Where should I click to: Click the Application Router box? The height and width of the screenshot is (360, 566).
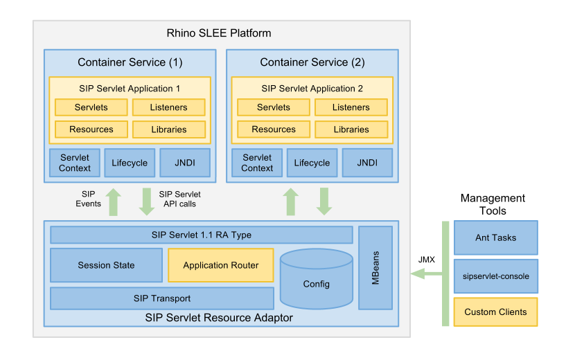point(220,265)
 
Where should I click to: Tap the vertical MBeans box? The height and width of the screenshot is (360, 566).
point(375,267)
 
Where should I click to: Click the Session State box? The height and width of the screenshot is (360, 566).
point(106,265)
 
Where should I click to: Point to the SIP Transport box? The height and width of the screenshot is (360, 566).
point(161,298)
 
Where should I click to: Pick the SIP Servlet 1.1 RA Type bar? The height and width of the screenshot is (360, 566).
point(201,235)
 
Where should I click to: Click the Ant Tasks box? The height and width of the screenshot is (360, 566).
point(495,237)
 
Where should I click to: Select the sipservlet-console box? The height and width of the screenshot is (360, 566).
point(495,276)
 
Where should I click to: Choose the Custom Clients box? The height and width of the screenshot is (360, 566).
point(495,312)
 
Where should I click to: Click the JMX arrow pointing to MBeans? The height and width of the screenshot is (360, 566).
point(425,274)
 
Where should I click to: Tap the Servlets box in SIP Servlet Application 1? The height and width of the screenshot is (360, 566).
point(91,107)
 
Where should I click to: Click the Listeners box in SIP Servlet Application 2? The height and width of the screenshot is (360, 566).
point(351,107)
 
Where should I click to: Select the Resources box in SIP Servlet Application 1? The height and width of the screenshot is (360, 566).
point(91,129)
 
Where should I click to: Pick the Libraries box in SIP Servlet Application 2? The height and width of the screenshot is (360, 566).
point(351,129)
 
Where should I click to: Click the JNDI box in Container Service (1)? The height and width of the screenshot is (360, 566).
point(185,163)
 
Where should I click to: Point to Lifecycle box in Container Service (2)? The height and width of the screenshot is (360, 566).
point(312,163)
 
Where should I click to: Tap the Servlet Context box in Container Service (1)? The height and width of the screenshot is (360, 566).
point(75,163)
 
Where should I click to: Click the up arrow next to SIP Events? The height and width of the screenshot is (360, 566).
point(114,201)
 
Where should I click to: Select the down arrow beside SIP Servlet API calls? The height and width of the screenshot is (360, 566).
point(146,201)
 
